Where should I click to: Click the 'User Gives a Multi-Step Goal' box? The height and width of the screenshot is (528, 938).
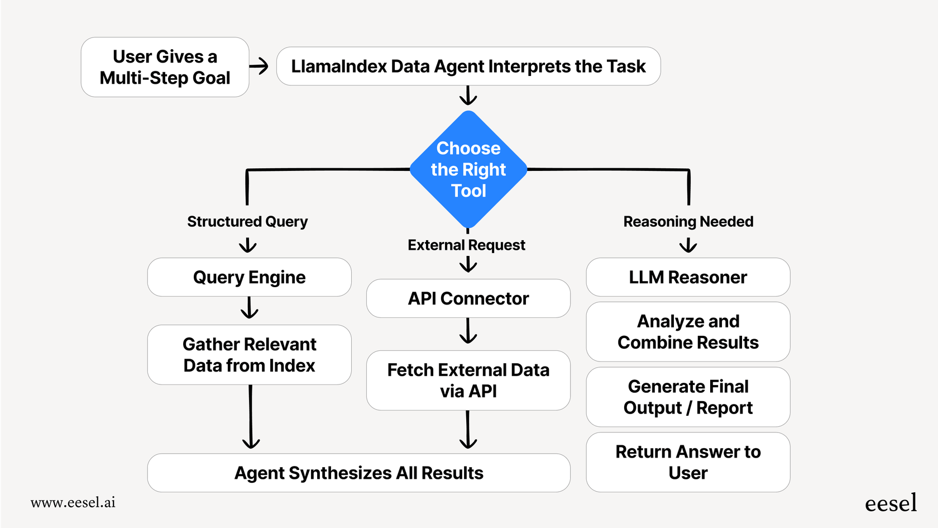(165, 67)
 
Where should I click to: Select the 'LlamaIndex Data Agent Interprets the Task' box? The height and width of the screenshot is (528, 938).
(468, 66)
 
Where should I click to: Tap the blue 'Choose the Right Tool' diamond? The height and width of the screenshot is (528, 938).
(468, 169)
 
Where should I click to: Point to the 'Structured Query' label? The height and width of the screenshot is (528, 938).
(247, 222)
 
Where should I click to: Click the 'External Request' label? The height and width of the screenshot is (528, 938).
(466, 245)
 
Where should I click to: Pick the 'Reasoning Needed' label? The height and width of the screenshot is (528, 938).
(688, 222)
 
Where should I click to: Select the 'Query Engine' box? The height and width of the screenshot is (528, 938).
(249, 277)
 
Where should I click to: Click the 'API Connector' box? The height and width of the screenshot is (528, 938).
(468, 298)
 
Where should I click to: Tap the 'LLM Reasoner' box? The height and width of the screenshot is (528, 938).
(688, 277)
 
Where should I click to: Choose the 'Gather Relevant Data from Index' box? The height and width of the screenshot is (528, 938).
(249, 355)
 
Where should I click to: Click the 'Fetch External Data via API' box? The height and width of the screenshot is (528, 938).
(468, 380)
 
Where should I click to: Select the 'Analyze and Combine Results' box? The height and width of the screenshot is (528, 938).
(688, 332)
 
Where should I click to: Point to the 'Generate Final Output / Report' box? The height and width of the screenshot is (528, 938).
(688, 397)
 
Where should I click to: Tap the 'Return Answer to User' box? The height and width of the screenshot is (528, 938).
(688, 462)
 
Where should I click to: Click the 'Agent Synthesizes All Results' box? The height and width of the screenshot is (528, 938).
(358, 473)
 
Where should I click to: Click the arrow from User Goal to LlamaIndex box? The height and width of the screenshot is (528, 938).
(259, 66)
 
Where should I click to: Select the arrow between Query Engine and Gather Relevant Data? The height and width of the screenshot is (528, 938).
(249, 308)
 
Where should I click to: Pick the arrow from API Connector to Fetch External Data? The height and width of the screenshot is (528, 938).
(468, 331)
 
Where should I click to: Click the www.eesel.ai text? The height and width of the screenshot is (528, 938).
(73, 502)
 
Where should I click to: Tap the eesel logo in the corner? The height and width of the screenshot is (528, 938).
(891, 503)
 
